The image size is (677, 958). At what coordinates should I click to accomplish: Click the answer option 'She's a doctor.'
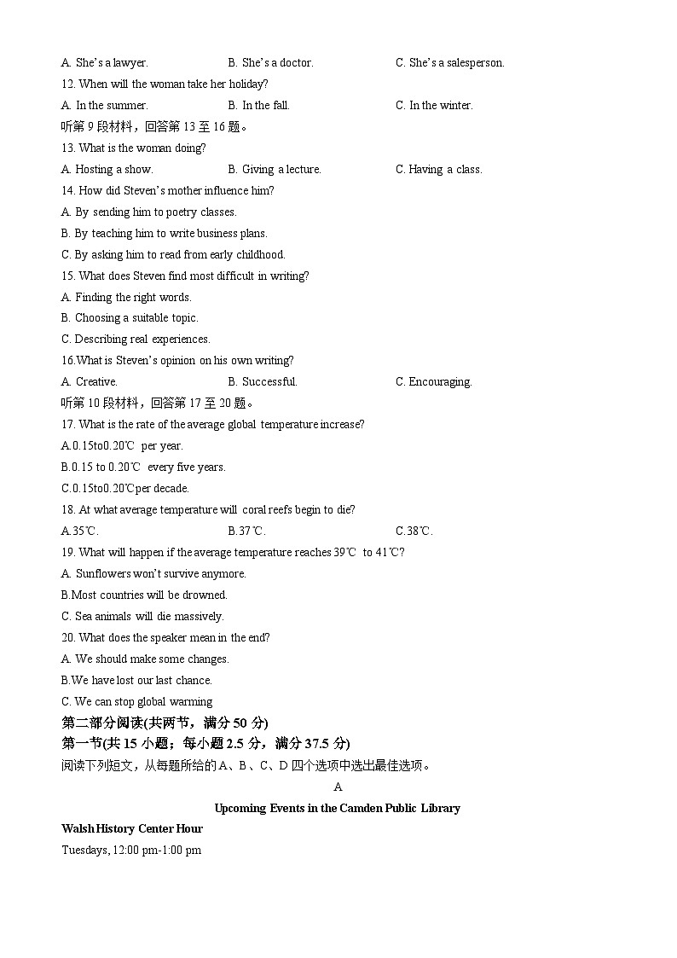(x=270, y=62)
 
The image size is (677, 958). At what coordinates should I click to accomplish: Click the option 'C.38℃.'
(x=414, y=531)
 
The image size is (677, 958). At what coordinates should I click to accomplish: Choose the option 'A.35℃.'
(x=80, y=531)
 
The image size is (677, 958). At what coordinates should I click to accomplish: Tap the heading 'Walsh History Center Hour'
(x=132, y=828)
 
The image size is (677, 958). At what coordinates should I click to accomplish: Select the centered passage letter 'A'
(x=338, y=787)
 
